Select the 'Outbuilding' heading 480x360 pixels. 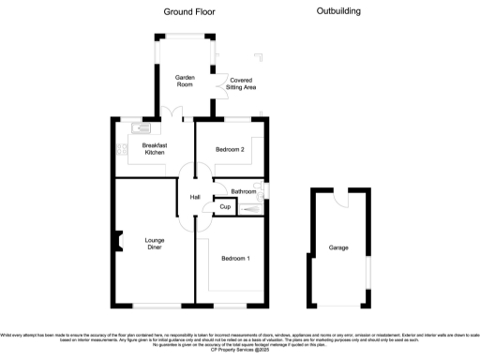click(x=338, y=11)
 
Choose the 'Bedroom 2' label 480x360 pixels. click(x=230, y=150)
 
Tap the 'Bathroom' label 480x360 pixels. click(x=244, y=191)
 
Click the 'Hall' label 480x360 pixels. click(x=195, y=197)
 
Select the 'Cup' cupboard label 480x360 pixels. click(x=225, y=206)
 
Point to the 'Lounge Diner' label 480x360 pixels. click(x=155, y=245)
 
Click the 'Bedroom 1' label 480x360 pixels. click(x=235, y=258)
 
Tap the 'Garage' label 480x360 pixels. click(x=338, y=248)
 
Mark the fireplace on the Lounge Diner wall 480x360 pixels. click(x=119, y=242)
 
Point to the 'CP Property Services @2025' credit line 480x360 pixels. click(x=240, y=351)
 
